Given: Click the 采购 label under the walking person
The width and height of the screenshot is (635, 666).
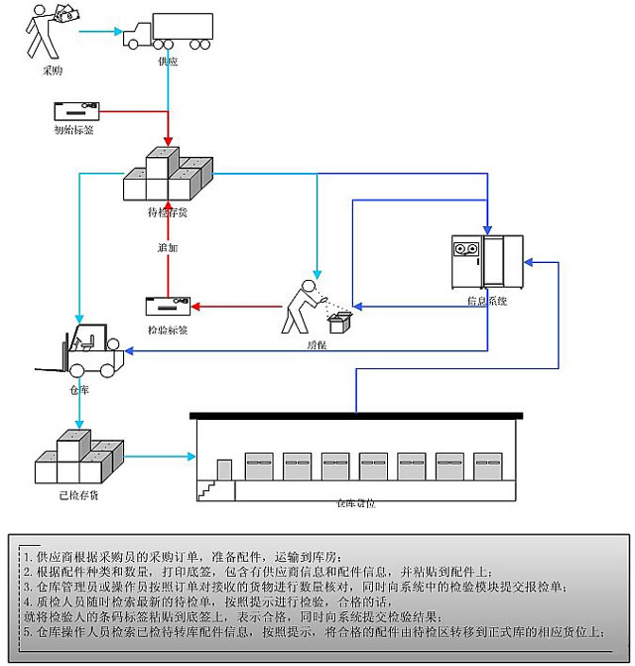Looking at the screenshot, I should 54,71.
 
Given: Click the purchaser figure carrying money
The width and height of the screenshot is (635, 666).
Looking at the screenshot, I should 45,30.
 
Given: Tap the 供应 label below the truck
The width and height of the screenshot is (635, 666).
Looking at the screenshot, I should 169,61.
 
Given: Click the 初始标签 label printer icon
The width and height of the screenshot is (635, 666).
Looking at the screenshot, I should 75,110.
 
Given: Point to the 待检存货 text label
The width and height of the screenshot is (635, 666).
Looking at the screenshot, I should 167,210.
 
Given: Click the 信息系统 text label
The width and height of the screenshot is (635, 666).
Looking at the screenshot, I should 486,299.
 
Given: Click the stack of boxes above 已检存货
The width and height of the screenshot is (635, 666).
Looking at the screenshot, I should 79,456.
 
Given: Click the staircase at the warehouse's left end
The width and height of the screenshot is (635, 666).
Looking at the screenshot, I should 207,487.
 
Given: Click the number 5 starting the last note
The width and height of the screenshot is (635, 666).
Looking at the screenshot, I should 27,631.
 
